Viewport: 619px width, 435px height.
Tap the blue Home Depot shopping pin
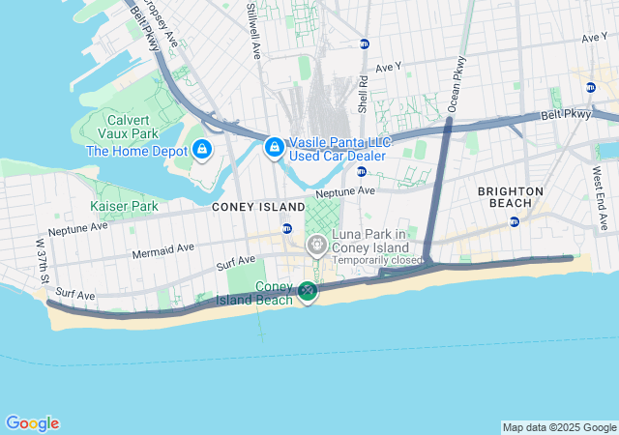(202, 150)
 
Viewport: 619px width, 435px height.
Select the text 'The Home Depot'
(137, 151)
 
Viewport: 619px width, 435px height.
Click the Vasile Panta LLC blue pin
(275, 147)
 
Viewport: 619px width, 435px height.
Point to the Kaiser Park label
(124, 206)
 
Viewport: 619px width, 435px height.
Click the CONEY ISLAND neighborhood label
(254, 206)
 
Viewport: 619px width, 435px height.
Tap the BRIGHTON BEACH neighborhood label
(511, 197)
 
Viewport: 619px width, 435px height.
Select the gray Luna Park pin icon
(316, 246)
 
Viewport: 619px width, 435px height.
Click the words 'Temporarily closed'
(377, 261)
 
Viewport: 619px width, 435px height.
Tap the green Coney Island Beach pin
(308, 290)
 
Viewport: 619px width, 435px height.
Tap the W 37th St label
(42, 254)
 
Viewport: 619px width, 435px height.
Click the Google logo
(32, 423)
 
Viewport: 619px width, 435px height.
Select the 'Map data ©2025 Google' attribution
(559, 427)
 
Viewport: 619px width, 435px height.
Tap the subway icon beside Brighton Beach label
(515, 221)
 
